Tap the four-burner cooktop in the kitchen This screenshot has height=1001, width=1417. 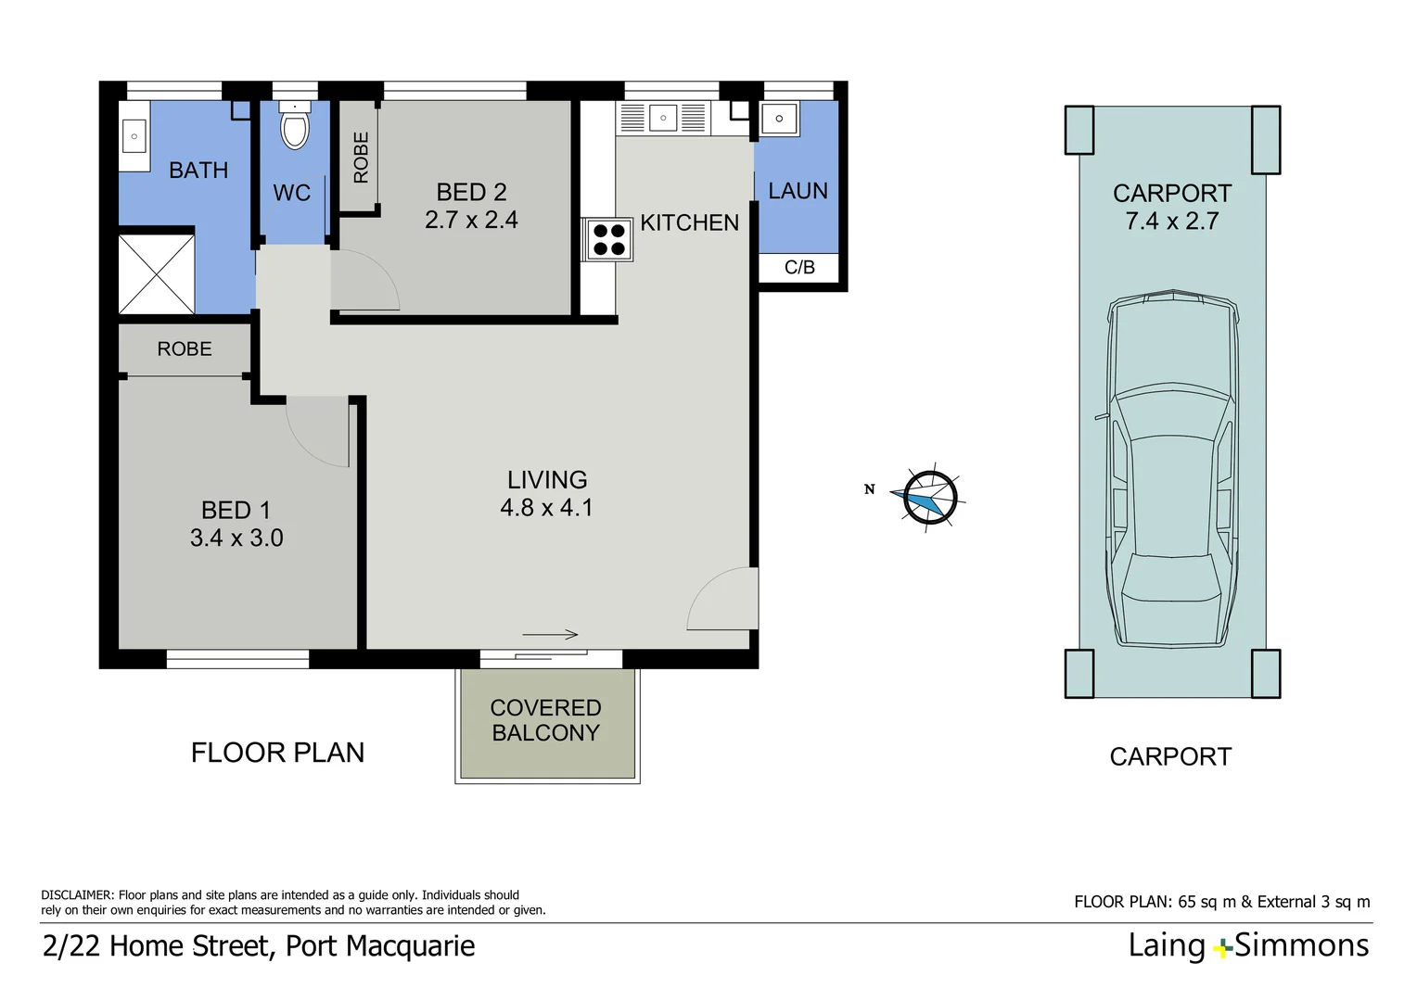tap(609, 240)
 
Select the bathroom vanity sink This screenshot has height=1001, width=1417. tap(134, 136)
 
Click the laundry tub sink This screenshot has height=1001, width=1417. tap(779, 119)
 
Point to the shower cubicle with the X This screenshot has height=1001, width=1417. tap(156, 274)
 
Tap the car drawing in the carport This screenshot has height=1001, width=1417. tap(1172, 469)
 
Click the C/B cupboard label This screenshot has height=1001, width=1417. tap(799, 268)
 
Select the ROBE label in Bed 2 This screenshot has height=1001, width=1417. tap(361, 158)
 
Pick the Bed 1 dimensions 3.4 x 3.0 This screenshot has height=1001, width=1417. tap(236, 539)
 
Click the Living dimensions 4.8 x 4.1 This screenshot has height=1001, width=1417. tap(546, 508)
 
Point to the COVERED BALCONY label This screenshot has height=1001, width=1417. tap(546, 720)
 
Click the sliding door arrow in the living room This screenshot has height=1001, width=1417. tap(550, 634)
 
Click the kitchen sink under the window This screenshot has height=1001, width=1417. tap(663, 119)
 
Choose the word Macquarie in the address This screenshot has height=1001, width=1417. tap(411, 946)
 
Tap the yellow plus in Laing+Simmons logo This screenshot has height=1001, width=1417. tap(1223, 948)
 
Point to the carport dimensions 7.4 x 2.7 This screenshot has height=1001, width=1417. tap(1172, 222)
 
